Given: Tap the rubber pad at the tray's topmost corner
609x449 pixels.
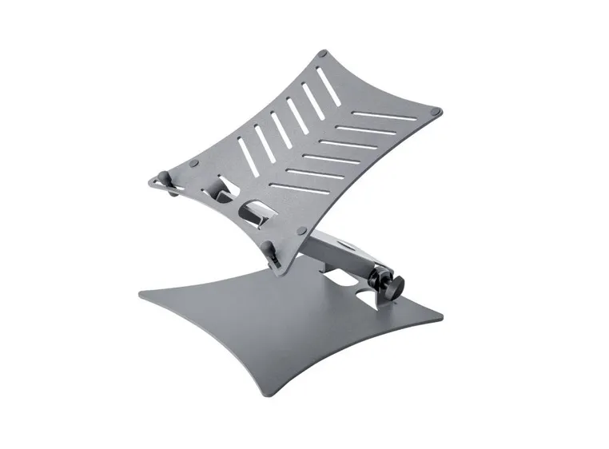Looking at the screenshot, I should click(322, 54).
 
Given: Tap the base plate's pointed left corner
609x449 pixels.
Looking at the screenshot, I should click(141, 297).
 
